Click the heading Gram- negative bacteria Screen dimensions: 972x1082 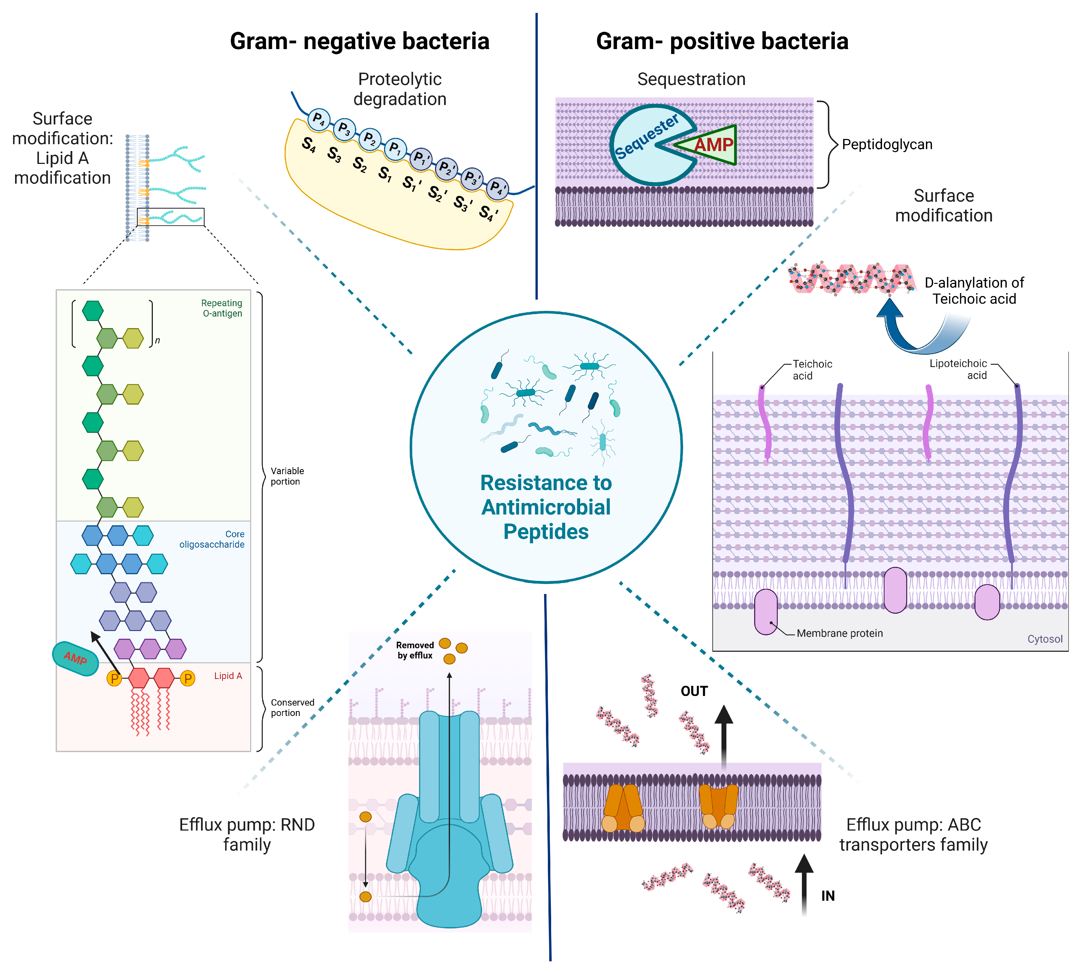click(359, 41)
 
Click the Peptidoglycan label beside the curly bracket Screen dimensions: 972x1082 click(887, 144)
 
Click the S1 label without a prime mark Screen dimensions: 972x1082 click(384, 174)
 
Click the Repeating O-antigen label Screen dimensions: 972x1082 click(222, 308)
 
